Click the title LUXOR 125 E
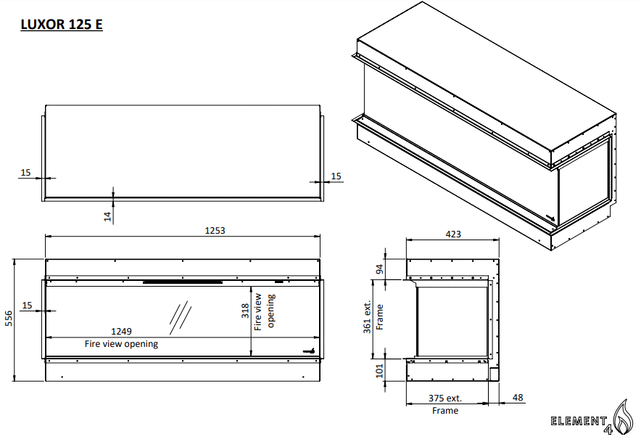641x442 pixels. (61, 25)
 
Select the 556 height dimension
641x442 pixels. (9, 319)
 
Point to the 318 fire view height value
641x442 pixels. (245, 311)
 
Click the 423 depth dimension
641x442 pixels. (452, 234)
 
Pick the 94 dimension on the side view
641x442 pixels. (378, 270)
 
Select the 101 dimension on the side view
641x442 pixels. (378, 371)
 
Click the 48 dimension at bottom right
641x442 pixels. (517, 398)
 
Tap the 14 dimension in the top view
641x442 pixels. (108, 216)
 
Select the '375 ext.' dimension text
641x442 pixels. (444, 398)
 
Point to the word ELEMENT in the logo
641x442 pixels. (577, 421)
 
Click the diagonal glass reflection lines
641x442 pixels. (181, 314)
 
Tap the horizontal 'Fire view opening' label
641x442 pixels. (121, 343)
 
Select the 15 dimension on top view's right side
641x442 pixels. (336, 176)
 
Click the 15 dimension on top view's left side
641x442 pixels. (25, 173)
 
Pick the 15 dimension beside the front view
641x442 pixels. (27, 306)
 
